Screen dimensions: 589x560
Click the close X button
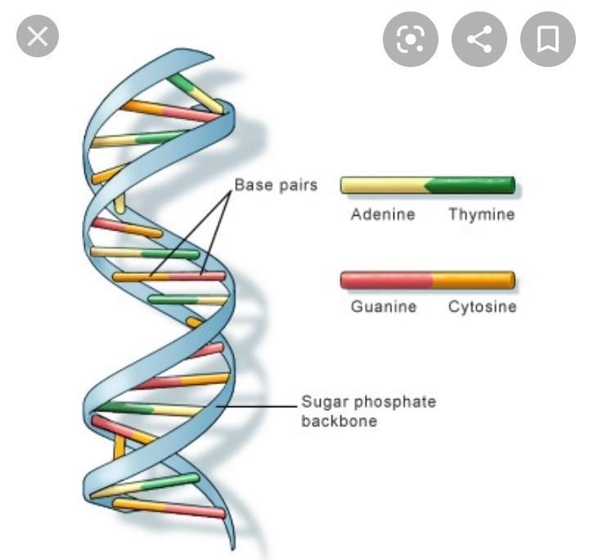click(x=38, y=36)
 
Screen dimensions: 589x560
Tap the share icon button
click(x=479, y=39)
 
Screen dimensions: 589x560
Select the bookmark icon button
click(x=547, y=39)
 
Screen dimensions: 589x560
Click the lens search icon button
click(x=410, y=39)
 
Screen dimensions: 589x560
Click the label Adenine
click(x=383, y=214)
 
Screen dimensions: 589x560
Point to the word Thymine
click(x=482, y=214)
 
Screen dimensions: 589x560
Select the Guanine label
click(x=384, y=307)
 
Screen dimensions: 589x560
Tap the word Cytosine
click(x=483, y=307)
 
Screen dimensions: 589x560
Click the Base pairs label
click(x=277, y=185)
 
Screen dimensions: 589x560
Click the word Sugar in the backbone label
click(x=325, y=402)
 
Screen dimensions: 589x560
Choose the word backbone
click(x=339, y=421)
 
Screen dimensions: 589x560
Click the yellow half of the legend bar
click(x=384, y=185)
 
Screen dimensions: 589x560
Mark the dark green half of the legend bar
click(x=470, y=185)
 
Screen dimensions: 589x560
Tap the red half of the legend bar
click(x=386, y=280)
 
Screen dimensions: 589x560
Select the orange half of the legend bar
click(x=474, y=280)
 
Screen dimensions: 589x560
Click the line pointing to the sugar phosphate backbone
click(x=257, y=406)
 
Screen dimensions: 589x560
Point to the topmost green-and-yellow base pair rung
click(x=195, y=93)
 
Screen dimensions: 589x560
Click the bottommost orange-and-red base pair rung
click(x=169, y=508)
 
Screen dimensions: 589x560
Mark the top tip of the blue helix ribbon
click(x=213, y=57)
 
